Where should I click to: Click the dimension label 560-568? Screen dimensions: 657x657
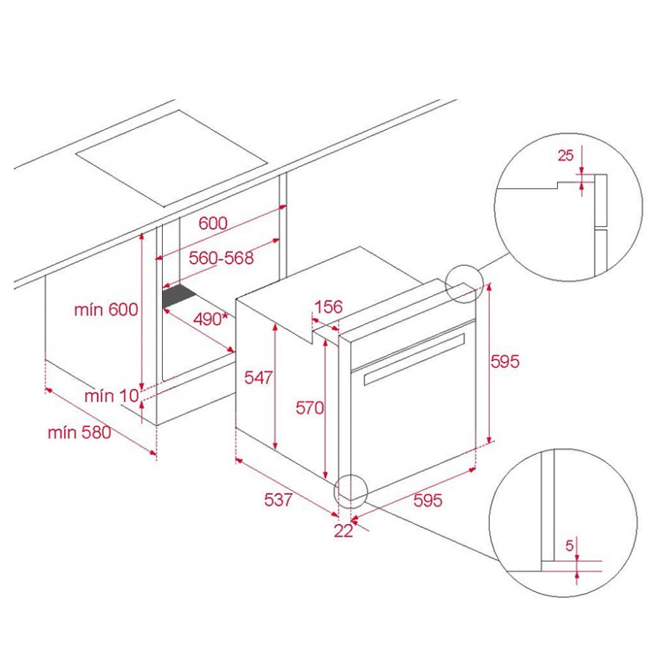(221, 258)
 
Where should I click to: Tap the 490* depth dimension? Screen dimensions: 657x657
(211, 320)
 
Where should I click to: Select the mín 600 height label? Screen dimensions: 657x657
(106, 310)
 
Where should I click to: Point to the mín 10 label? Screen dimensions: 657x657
(111, 395)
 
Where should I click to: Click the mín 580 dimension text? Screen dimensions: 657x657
(80, 432)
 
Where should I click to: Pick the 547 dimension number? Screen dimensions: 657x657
(258, 378)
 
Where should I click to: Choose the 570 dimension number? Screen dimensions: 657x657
(310, 408)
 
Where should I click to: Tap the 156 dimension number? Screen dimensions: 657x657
(328, 307)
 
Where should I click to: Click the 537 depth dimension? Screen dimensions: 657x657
(278, 499)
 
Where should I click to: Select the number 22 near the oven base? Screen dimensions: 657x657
(343, 531)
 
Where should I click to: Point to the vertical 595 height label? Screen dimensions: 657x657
(505, 361)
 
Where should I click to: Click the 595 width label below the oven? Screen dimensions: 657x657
(428, 500)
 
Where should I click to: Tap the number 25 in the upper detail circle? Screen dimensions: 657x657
(566, 155)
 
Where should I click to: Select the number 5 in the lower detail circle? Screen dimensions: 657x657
(570, 546)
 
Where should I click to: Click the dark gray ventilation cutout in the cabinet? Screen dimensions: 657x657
(180, 296)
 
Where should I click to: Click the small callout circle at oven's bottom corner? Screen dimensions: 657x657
(350, 491)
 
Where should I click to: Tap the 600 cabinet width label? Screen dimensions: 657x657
(213, 223)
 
